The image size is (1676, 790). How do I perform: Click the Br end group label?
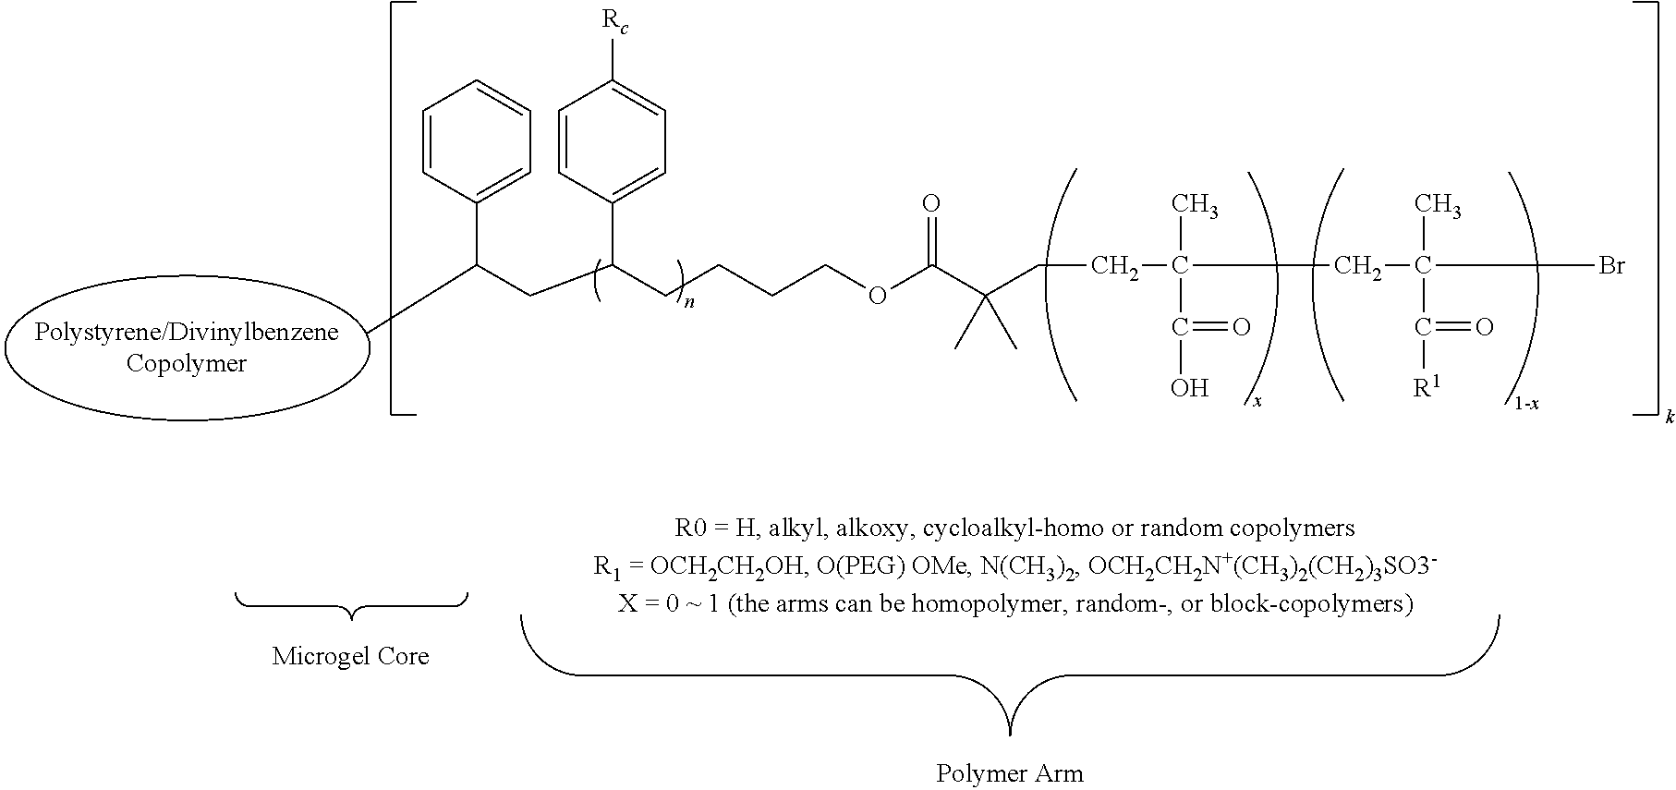1612,267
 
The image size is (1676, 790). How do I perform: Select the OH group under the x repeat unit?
1189,389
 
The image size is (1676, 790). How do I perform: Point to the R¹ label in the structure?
1427,386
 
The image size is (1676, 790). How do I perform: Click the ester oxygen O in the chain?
876,296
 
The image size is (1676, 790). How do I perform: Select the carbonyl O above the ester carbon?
931,202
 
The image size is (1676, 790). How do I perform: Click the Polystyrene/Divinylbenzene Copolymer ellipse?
188,347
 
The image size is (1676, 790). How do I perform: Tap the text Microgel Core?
351,657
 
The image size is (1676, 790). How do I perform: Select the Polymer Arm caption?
1010,773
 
